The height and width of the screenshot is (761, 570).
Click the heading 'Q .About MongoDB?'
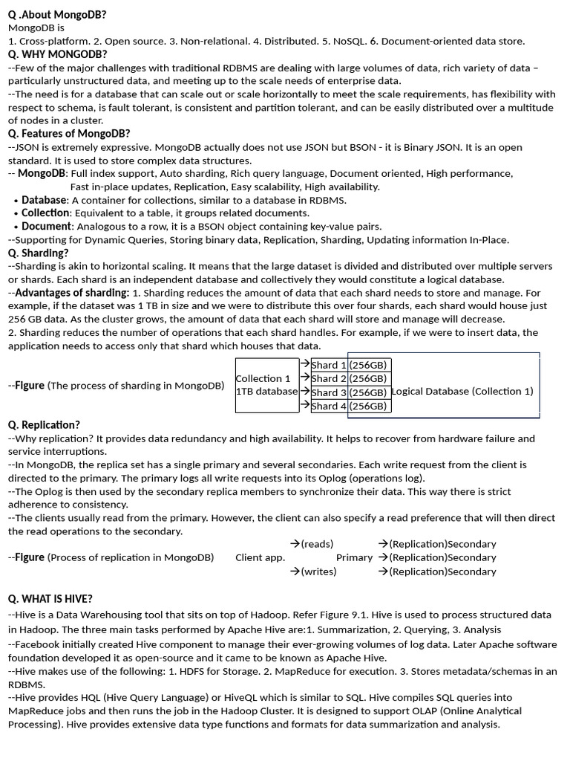[x=57, y=14]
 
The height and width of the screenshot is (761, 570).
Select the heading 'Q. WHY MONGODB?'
[x=57, y=54]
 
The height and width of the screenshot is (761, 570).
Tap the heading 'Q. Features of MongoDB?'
[x=69, y=134]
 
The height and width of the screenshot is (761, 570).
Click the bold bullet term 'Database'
[x=45, y=200]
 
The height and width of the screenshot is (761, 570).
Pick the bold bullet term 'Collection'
[x=45, y=213]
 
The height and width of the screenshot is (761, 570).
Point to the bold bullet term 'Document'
[x=47, y=227]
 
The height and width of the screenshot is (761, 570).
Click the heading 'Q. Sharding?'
[x=38, y=253]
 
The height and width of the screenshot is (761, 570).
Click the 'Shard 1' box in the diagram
[x=329, y=365]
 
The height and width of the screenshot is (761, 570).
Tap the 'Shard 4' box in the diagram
[x=329, y=406]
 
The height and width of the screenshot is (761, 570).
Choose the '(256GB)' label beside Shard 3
[x=368, y=392]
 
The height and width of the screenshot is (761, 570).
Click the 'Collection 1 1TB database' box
[x=266, y=385]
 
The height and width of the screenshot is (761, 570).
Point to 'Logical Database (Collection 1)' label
[x=462, y=392]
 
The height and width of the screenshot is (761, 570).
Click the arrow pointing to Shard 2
[x=304, y=378]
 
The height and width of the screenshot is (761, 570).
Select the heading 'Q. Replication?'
[x=44, y=425]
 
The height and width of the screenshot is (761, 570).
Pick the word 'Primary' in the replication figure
[x=354, y=557]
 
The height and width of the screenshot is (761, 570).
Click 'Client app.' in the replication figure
[x=260, y=557]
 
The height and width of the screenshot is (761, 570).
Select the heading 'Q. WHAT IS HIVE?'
[x=50, y=599]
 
